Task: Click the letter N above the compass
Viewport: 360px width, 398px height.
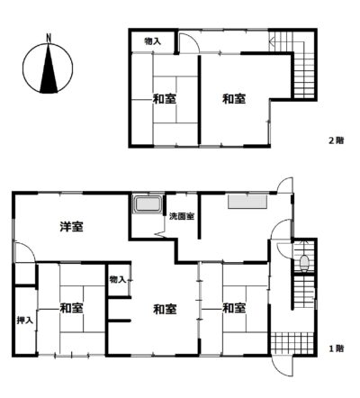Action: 49,38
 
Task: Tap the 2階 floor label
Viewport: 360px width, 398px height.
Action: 337,140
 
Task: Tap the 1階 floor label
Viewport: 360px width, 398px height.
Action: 337,348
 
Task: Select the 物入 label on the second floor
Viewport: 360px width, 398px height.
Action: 153,41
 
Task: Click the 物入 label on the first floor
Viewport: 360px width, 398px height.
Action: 118,280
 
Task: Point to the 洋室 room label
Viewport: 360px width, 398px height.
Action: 72,227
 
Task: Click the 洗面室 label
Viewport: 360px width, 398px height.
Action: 182,216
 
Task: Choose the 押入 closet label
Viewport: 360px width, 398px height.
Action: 24,321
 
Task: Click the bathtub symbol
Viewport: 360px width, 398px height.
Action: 148,204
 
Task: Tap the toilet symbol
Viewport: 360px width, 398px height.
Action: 304,262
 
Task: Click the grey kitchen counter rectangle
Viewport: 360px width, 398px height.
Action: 247,202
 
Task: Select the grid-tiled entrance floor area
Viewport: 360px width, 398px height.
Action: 292,343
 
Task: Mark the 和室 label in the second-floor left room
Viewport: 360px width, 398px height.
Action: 165,99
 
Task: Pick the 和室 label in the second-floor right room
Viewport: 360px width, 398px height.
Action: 234,99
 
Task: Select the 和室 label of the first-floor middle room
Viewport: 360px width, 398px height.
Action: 165,309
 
